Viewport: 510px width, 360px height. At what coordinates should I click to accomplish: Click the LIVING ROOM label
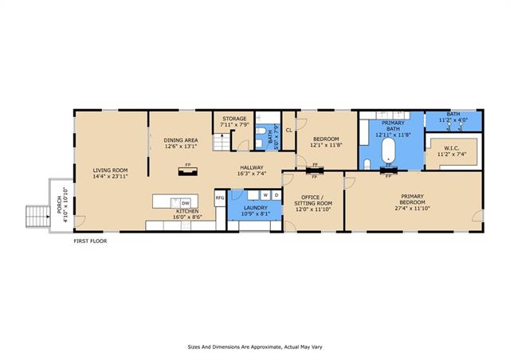[x=110, y=170]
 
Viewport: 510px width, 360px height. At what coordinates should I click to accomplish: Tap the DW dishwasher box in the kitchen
[x=186, y=204]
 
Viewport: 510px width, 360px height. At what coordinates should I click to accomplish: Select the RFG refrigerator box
[x=220, y=198]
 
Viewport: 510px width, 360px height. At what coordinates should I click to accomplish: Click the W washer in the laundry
[x=265, y=195]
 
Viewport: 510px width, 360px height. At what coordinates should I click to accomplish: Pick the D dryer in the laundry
[x=277, y=195]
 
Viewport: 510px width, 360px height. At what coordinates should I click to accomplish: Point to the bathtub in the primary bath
[x=388, y=151]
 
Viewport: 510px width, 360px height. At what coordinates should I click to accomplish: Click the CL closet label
[x=289, y=131]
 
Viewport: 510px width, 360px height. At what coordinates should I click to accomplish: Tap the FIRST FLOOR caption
[x=90, y=241]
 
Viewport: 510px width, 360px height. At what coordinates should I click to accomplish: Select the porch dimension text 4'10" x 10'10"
[x=66, y=205]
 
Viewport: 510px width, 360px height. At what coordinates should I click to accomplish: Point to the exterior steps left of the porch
[x=38, y=217]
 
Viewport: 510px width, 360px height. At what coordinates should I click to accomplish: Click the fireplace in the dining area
[x=188, y=171]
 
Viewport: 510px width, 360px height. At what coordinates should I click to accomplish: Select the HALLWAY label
[x=252, y=168]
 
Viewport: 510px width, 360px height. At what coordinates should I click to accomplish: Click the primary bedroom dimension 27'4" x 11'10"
[x=413, y=208]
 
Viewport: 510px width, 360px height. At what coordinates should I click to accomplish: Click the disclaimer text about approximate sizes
[x=255, y=347]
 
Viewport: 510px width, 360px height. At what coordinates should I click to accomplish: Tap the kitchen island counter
[x=175, y=202]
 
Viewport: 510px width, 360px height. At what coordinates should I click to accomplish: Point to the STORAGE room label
[x=234, y=119]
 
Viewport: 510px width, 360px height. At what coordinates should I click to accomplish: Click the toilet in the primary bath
[x=367, y=164]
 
